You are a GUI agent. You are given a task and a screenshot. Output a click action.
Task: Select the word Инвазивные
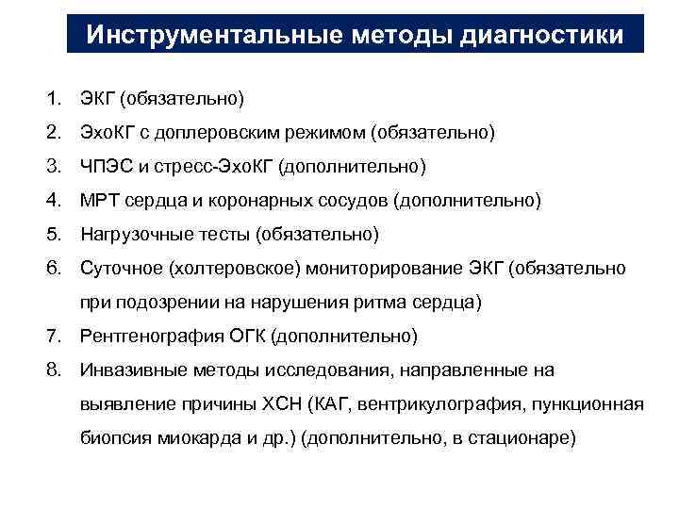click(127, 369)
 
